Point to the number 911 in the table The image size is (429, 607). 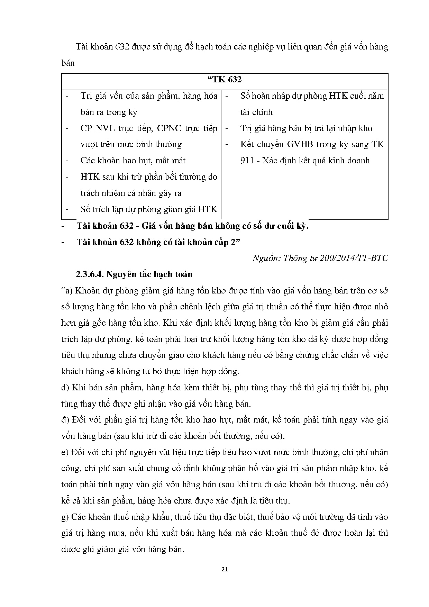(x=247, y=161)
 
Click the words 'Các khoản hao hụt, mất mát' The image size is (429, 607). (x=133, y=161)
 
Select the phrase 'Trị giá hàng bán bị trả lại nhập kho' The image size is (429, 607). (x=306, y=128)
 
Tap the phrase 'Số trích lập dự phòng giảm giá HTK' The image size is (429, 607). (x=149, y=209)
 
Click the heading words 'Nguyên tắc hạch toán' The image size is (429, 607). (x=149, y=274)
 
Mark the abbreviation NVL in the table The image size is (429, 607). (x=103, y=128)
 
